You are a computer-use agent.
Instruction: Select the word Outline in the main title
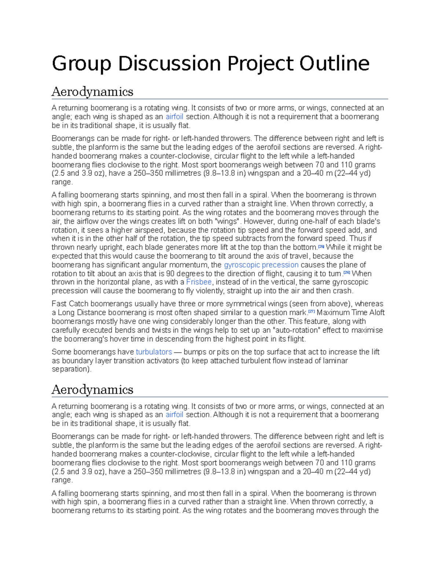pyautogui.click(x=334, y=63)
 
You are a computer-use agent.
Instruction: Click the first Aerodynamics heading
pyautogui.click(x=92, y=91)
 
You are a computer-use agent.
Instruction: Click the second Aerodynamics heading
pyautogui.click(x=92, y=389)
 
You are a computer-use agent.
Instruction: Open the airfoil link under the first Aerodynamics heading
pyautogui.click(x=174, y=117)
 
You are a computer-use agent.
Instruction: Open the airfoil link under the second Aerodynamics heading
pyautogui.click(x=174, y=415)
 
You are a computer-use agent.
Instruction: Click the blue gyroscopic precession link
pyautogui.click(x=261, y=265)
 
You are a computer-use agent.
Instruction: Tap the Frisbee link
pyautogui.click(x=199, y=282)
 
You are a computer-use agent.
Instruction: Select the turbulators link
pyautogui.click(x=154, y=352)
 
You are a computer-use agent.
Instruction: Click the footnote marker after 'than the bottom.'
pyautogui.click(x=321, y=247)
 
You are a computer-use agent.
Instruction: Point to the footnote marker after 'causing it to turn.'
pyautogui.click(x=346, y=273)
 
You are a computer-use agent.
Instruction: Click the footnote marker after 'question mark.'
pyautogui.click(x=312, y=312)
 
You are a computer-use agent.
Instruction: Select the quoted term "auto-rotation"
pyautogui.click(x=294, y=330)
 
